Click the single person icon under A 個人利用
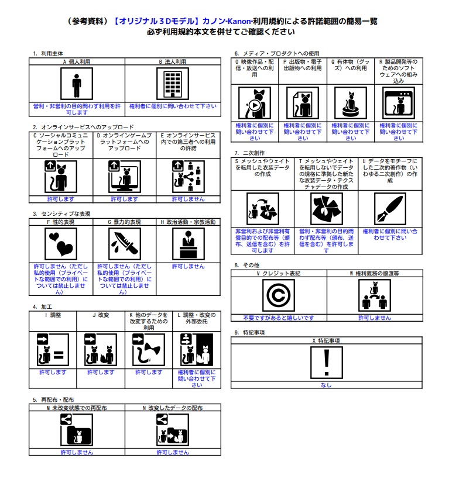point(77,84)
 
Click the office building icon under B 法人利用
point(173,84)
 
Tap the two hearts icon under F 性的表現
point(61,244)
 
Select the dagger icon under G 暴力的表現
point(125,244)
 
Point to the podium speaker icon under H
point(188,244)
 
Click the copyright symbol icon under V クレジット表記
point(279,295)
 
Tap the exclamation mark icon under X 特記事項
point(326,363)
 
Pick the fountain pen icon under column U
point(390,209)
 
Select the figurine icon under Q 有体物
point(351,103)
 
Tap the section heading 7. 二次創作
point(249,153)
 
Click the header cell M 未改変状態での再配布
point(77,408)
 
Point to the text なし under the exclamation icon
point(326,385)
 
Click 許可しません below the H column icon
point(188,266)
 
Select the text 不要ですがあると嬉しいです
point(279,318)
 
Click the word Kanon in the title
point(239,21)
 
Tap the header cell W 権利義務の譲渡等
point(375,273)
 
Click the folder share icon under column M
point(77,430)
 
